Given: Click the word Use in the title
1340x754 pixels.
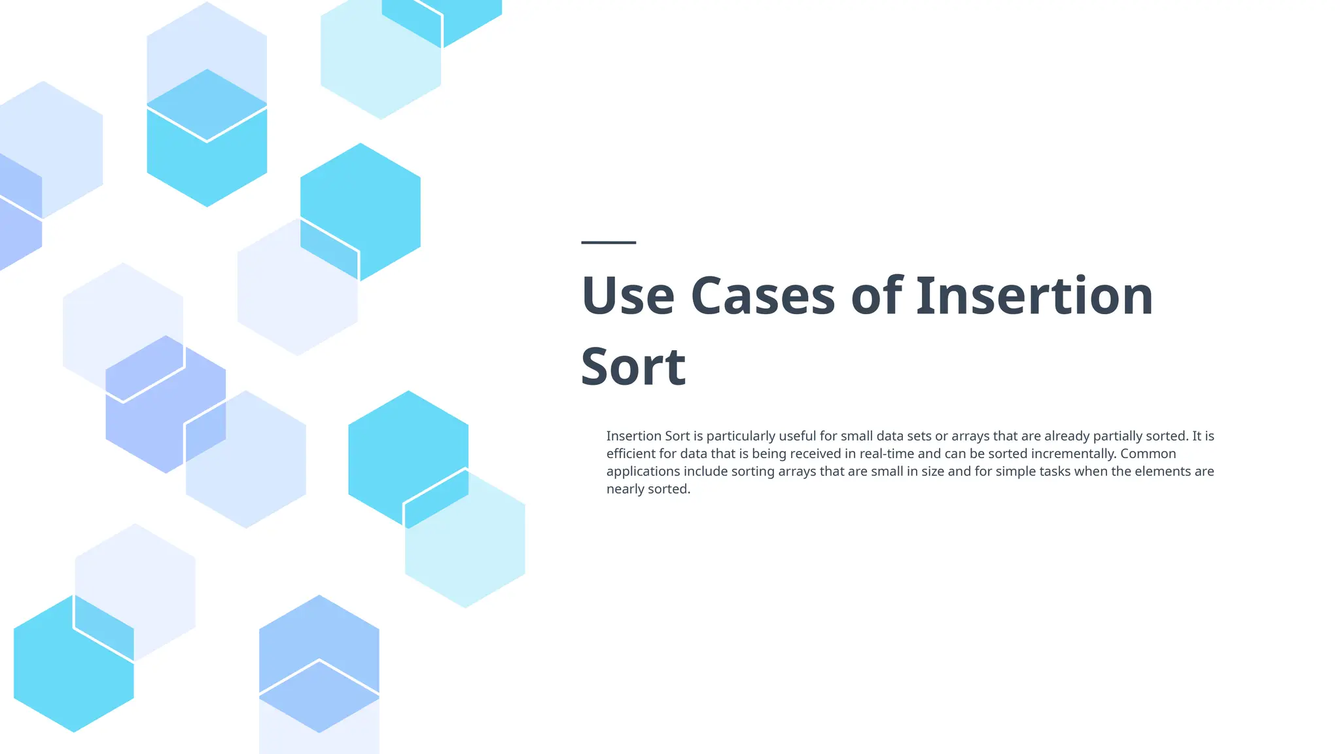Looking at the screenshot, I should coord(627,296).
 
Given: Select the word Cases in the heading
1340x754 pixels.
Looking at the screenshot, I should coord(762,296).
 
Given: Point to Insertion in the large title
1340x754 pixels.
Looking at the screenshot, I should coord(1034,296).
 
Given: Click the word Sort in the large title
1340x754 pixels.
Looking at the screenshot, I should coord(633,367).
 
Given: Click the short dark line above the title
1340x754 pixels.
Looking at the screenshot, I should coord(608,243).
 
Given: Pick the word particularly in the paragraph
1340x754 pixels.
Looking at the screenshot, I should coord(741,436).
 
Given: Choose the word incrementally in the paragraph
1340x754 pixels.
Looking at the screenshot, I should coord(1072,454).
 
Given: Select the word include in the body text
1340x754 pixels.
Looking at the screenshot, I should coord(705,471).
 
